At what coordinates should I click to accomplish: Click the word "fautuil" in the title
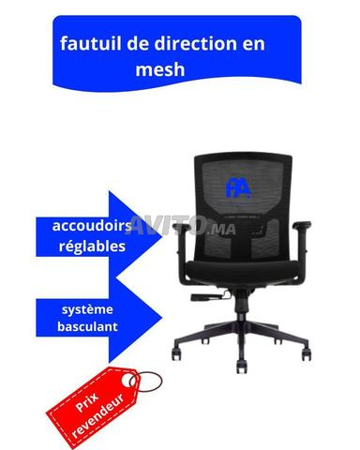point(91,43)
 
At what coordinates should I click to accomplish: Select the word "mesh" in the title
point(160,69)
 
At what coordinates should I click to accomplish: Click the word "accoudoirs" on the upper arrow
point(92,226)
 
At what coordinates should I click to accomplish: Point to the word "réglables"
point(92,247)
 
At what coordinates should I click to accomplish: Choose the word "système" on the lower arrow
point(87,309)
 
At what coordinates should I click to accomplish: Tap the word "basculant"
point(87,326)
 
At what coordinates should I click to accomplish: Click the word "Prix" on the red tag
point(86,402)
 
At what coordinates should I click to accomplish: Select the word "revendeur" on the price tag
point(97,416)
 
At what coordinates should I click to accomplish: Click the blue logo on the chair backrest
point(238,187)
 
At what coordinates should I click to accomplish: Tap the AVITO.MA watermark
point(183,225)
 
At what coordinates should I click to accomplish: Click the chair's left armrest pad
point(181,227)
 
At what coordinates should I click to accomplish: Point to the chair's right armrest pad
point(302,225)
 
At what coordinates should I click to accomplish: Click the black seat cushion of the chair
point(241,271)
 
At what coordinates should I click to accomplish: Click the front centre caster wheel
point(242,367)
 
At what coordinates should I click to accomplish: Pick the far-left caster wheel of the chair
point(176,354)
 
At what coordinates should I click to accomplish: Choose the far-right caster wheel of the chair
point(307,354)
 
